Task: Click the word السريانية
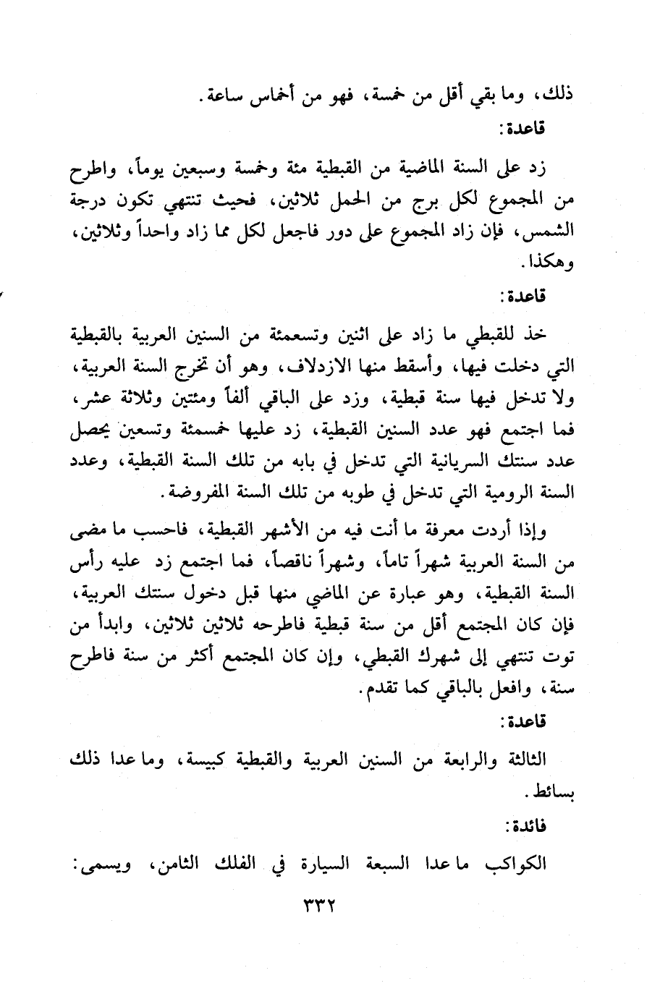[448, 462]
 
